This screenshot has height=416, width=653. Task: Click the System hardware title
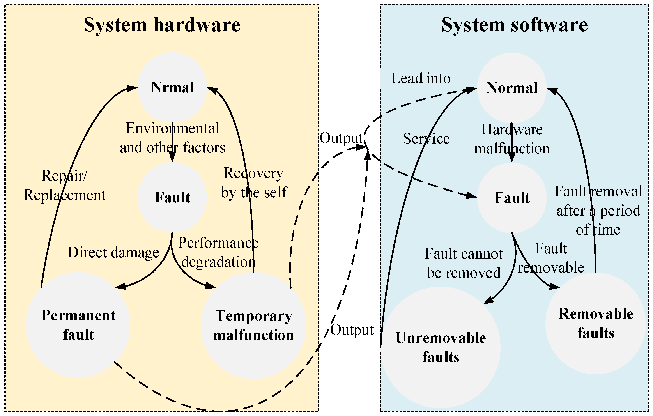(x=162, y=25)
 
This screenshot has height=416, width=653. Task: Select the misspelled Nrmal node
(x=172, y=87)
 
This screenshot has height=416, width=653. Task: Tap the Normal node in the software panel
(x=512, y=88)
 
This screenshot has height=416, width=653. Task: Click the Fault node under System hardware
(x=172, y=197)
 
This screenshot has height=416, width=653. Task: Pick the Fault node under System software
(x=512, y=198)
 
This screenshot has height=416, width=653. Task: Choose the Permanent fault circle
(x=78, y=325)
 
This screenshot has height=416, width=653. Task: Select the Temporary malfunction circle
(x=253, y=326)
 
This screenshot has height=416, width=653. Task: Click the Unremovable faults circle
(x=441, y=347)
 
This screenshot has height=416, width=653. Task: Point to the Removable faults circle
(x=596, y=323)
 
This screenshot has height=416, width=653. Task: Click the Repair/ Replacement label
(x=65, y=185)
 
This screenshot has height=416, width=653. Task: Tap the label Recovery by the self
(x=254, y=183)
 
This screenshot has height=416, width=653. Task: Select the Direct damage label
(x=113, y=253)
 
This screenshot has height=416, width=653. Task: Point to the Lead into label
(x=421, y=78)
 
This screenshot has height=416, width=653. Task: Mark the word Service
(x=426, y=139)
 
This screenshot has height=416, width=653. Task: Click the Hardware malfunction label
(x=512, y=139)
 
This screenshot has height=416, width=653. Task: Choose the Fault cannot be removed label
(x=464, y=263)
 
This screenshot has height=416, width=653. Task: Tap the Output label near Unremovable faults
(x=352, y=330)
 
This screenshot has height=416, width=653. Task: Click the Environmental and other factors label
(x=172, y=138)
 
